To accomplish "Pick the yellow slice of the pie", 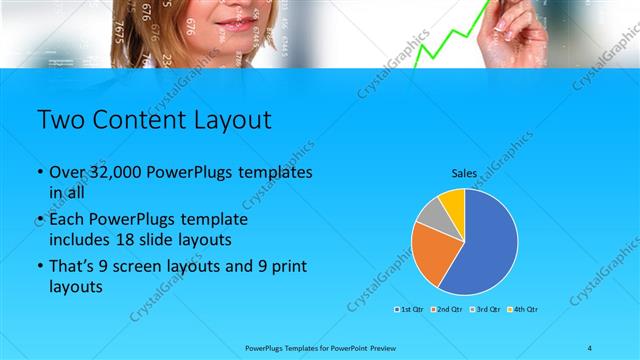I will pos(453,201).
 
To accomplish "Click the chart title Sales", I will pos(464,173).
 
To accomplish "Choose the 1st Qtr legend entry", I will pos(411,309).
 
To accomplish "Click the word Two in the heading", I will pos(58,121).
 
